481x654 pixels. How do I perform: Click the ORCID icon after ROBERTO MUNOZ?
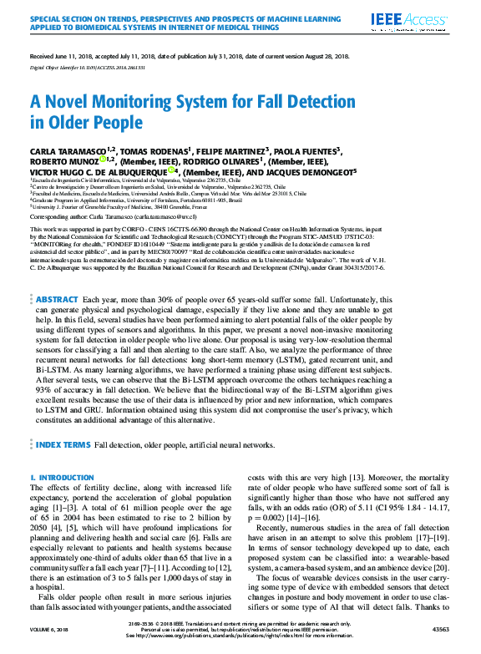[x=103, y=161]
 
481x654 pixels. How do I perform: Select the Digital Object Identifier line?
[x=89, y=65]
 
